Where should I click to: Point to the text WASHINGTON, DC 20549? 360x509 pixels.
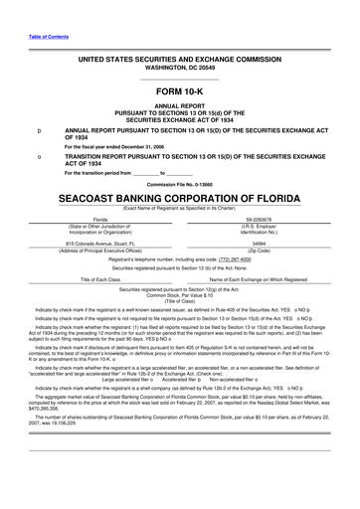tap(179, 69)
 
